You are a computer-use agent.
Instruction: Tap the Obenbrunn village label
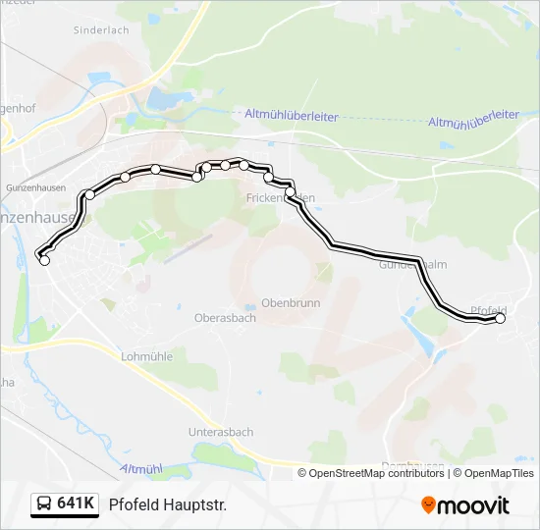(291, 303)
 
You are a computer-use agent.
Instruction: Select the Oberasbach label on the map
(225, 318)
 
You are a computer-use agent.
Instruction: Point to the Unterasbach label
(221, 432)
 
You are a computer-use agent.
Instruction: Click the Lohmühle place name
(145, 357)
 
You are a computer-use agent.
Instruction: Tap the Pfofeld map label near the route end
(488, 310)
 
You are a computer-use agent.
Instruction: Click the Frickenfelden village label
(280, 198)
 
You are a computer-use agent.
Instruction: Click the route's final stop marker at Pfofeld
(500, 318)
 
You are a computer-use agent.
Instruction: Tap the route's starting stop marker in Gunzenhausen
(44, 260)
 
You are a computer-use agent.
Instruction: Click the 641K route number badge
(76, 504)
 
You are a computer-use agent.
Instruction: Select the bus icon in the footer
(44, 504)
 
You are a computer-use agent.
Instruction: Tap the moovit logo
(465, 505)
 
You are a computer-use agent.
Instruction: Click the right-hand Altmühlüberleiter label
(473, 120)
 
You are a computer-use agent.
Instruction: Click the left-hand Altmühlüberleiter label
(292, 116)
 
